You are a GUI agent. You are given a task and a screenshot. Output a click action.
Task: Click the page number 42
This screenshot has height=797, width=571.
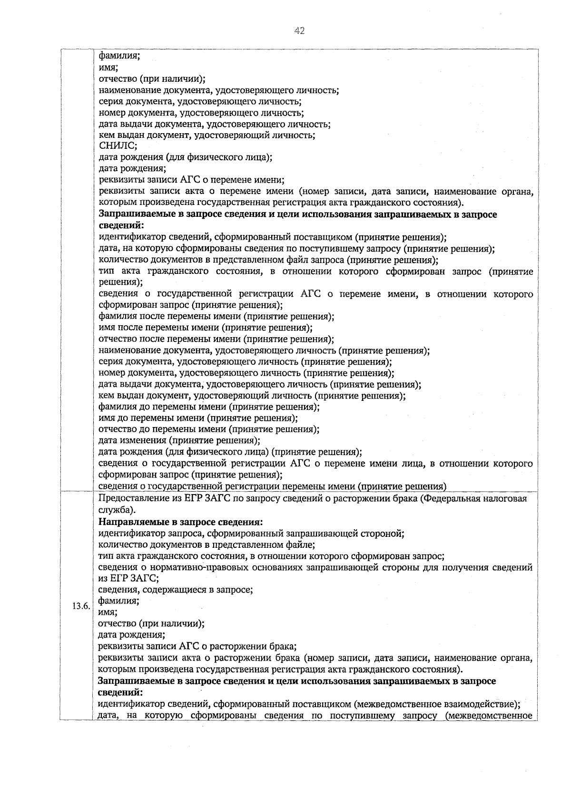click(299, 31)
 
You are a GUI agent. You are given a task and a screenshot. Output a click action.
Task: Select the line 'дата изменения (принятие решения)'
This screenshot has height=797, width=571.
click(179, 440)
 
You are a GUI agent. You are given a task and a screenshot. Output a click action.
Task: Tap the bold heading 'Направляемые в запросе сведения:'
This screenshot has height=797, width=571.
click(180, 522)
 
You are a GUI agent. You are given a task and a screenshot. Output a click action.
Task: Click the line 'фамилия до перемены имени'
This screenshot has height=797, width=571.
click(208, 407)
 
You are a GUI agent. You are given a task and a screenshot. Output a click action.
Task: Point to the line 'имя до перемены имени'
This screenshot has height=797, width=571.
click(197, 418)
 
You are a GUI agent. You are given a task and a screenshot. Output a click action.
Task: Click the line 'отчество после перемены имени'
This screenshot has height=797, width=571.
click(216, 339)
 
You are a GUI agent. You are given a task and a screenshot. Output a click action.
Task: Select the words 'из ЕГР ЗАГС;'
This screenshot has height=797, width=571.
click(128, 578)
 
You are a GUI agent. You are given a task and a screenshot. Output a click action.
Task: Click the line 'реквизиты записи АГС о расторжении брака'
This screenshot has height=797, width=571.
click(197, 646)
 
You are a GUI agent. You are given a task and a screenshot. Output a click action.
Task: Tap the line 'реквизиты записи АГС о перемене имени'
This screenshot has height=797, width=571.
click(191, 180)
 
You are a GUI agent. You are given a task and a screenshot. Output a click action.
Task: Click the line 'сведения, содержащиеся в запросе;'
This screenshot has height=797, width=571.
click(175, 590)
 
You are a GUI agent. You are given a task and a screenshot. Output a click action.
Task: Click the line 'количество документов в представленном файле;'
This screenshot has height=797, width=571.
click(207, 544)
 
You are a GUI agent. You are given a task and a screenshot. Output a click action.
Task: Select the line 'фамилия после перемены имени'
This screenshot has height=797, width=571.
click(216, 316)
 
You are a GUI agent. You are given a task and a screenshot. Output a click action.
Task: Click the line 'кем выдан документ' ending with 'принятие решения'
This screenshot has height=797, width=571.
click(252, 396)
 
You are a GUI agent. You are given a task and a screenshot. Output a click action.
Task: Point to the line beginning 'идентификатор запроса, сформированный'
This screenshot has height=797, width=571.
click(251, 533)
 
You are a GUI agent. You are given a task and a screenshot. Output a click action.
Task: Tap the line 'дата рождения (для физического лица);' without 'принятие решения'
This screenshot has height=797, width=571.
click(185, 157)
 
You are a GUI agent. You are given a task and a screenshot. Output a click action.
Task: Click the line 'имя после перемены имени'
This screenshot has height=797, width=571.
click(205, 328)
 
